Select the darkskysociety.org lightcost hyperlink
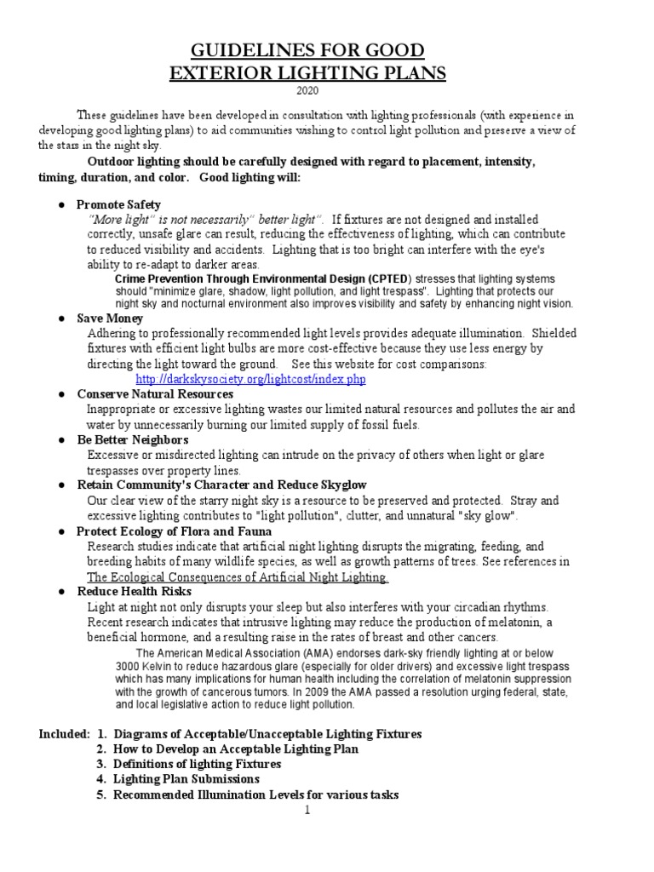click(x=251, y=378)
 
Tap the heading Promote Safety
click(x=118, y=205)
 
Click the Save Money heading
click(x=111, y=318)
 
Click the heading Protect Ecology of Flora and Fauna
click(x=174, y=531)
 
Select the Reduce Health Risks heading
click(x=135, y=591)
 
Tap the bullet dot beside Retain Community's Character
click(x=62, y=485)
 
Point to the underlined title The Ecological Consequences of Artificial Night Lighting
click(x=238, y=577)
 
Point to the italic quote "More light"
click(x=123, y=220)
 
